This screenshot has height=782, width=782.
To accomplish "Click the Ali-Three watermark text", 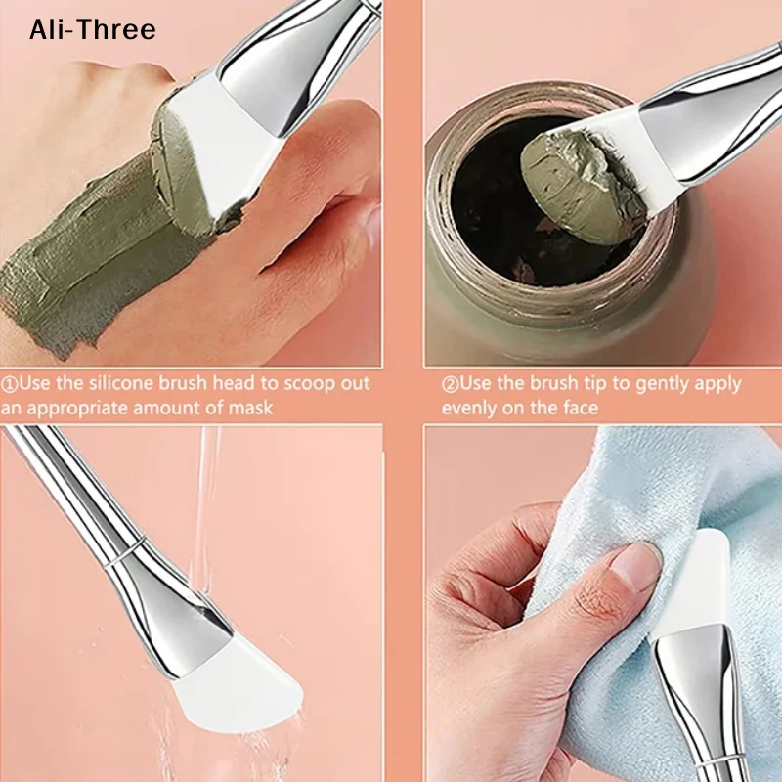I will coord(92,30).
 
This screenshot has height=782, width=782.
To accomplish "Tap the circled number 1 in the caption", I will coord(11,384).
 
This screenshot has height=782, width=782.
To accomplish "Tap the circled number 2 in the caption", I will coord(450,384).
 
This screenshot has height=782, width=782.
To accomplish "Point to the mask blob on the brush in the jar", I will coord(577,176).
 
